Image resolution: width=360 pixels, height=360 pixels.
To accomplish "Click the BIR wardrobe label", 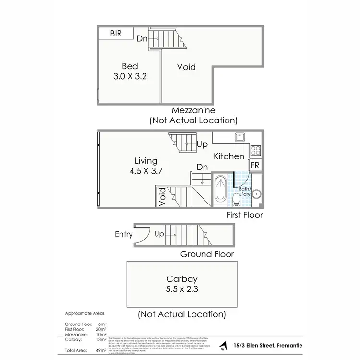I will (116, 34).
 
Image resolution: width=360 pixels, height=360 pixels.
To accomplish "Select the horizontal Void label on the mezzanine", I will (186, 67).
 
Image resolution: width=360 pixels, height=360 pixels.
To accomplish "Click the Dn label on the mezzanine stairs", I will (142, 39).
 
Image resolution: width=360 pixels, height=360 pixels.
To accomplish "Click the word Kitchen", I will (228, 156).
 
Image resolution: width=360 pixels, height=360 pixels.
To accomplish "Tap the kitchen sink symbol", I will (240, 137).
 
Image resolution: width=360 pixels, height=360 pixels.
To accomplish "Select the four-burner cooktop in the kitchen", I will (255, 150).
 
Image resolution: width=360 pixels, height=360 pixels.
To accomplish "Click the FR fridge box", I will (256, 165).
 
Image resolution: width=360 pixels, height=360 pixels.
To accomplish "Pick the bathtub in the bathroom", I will (221, 189).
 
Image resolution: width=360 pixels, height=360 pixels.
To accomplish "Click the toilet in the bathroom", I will (236, 198).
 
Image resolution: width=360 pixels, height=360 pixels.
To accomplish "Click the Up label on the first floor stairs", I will (202, 144).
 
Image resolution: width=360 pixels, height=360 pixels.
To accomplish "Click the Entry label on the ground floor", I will (124, 234).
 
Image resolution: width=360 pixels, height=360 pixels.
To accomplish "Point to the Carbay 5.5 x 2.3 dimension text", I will (182, 284).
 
